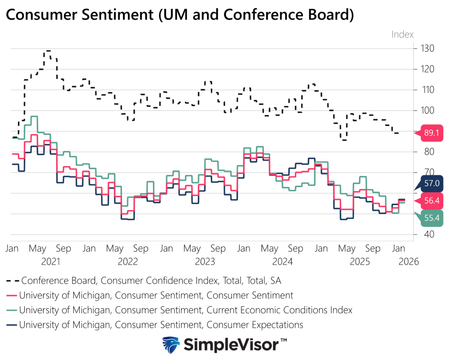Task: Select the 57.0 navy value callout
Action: pyautogui.click(x=432, y=182)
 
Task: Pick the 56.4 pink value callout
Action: pyautogui.click(x=432, y=200)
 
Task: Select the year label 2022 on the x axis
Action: pyautogui.click(x=128, y=262)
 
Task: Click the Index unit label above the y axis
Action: pyautogui.click(x=402, y=34)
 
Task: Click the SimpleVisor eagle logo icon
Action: pyautogui.click(x=171, y=345)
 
